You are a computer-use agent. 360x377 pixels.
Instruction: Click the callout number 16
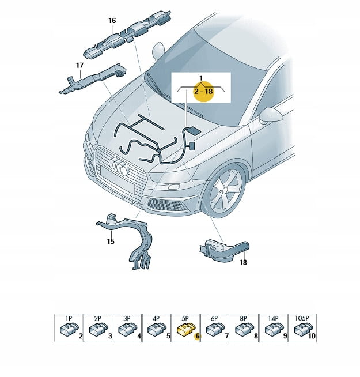click(112, 21)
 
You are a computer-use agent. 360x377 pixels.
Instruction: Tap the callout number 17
click(79, 65)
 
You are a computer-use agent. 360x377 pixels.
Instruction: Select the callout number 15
click(111, 241)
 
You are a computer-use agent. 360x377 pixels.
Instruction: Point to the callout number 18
click(243, 262)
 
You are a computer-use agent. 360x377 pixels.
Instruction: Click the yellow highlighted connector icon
click(186, 329)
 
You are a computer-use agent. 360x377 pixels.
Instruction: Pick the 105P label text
click(302, 318)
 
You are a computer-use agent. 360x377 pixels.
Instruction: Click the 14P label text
click(273, 318)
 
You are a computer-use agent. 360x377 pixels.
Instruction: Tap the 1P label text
click(69, 318)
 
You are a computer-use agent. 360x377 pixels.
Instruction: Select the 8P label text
click(244, 318)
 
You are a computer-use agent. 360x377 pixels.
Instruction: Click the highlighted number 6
click(197, 336)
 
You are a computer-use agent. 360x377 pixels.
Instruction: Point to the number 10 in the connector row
click(312, 336)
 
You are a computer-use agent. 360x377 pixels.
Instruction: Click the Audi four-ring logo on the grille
click(118, 166)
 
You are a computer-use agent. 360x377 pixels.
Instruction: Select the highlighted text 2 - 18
click(203, 91)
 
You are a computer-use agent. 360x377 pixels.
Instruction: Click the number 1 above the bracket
click(201, 78)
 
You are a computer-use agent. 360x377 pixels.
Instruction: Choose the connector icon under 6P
click(215, 329)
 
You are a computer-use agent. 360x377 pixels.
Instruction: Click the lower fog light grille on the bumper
click(166, 205)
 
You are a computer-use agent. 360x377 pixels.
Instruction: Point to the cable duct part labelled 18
click(224, 251)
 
